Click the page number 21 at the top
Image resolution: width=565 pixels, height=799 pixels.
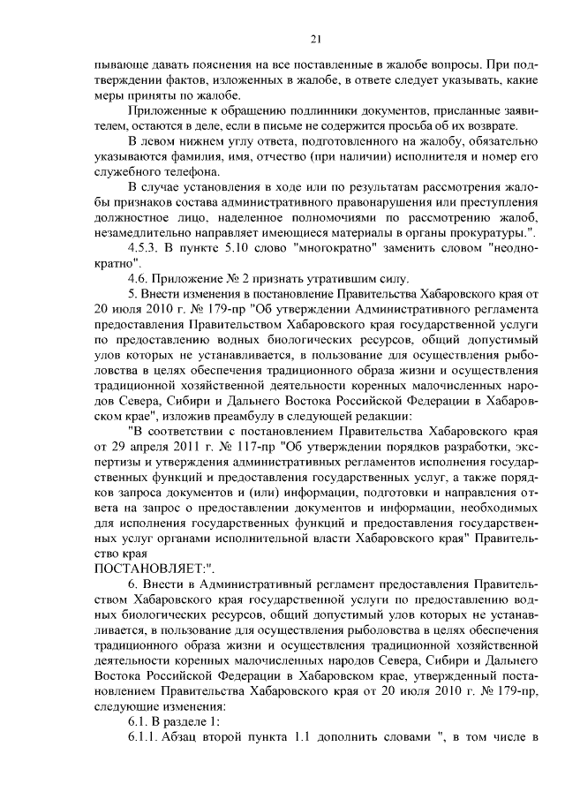click(315, 39)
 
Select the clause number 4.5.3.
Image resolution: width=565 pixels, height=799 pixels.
click(147, 247)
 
